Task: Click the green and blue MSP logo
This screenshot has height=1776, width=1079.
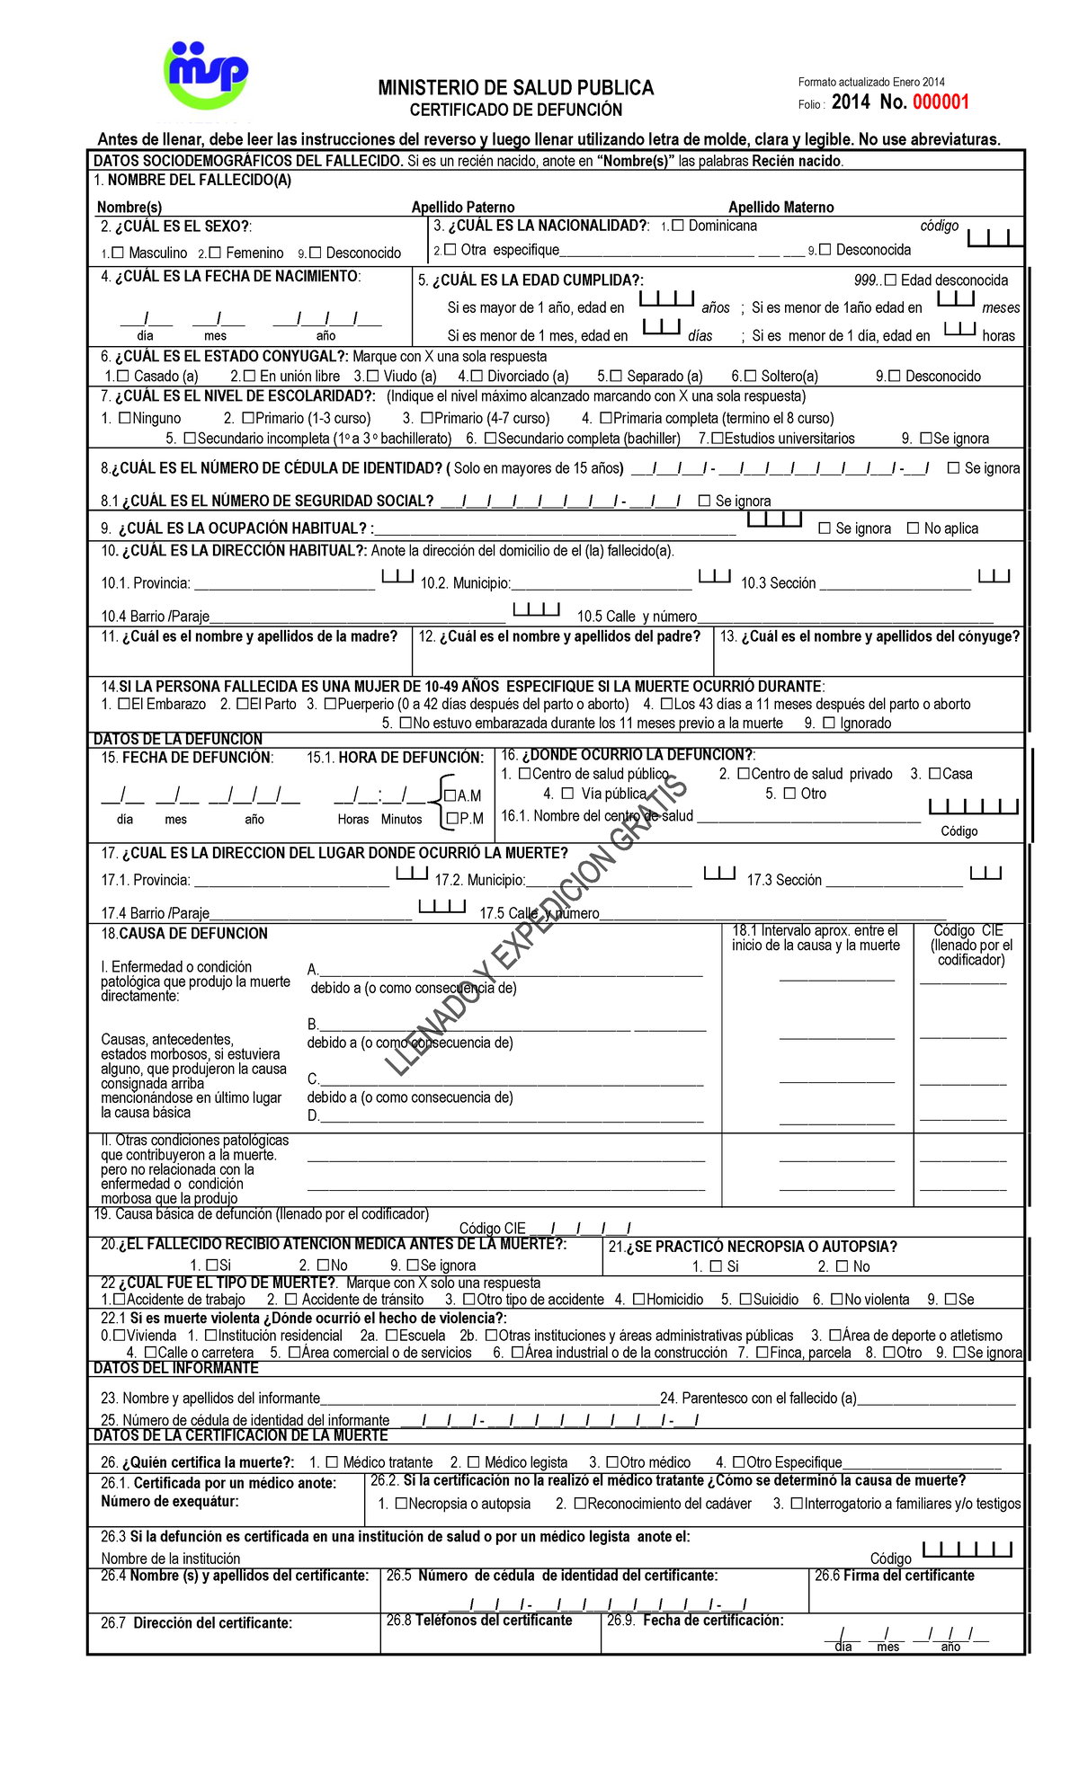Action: pyautogui.click(x=206, y=75)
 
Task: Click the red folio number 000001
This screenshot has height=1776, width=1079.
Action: pyautogui.click(x=941, y=102)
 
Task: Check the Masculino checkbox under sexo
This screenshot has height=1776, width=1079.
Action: pyautogui.click(x=117, y=253)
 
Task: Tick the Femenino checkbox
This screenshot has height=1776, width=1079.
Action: pyautogui.click(x=215, y=253)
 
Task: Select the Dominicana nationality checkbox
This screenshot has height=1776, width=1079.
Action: pyautogui.click(x=678, y=226)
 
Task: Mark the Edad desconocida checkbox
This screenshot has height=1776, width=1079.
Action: pyautogui.click(x=890, y=280)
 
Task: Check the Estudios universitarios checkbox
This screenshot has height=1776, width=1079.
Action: pyautogui.click(x=717, y=439)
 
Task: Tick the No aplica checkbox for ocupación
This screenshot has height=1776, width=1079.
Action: pyautogui.click(x=913, y=528)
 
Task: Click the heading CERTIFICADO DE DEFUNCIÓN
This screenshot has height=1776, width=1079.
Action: pyautogui.click(x=516, y=111)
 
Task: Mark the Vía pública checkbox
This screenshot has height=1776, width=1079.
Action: pyautogui.click(x=567, y=794)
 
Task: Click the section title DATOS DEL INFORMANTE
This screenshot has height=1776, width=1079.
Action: pyautogui.click(x=176, y=1368)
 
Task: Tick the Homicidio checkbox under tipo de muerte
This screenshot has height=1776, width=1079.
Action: pyautogui.click(x=638, y=1300)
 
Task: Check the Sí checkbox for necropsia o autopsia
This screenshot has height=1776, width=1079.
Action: pyautogui.click(x=716, y=1266)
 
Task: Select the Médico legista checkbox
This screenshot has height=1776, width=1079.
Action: pyautogui.click(x=474, y=1462)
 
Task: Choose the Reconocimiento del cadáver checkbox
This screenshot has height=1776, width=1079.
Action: pyautogui.click(x=580, y=1504)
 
